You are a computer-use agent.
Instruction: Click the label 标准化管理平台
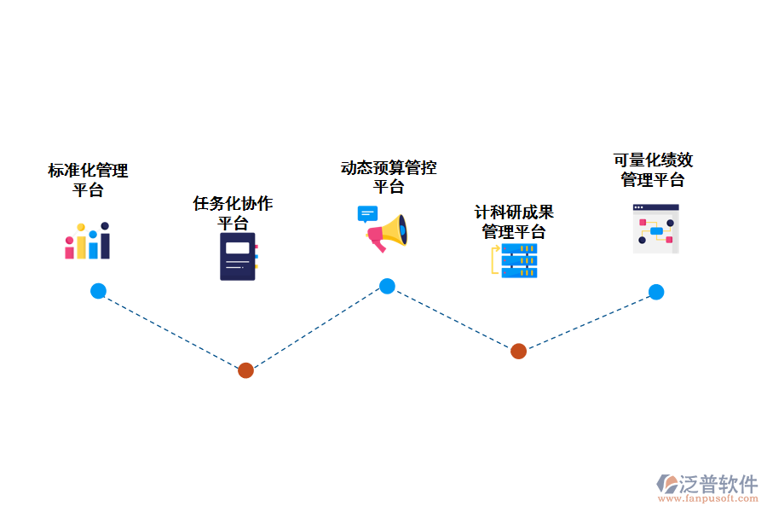point(88,180)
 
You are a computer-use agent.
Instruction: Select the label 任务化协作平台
point(233,213)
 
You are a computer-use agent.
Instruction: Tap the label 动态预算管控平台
point(389,177)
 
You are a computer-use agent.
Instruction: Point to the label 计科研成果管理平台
point(514,222)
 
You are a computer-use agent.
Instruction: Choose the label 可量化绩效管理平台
point(653,170)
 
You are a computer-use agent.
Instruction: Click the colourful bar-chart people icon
point(88,241)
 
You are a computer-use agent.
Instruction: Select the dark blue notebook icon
point(238,256)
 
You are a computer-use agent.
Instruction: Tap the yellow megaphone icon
point(389,231)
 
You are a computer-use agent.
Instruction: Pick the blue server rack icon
point(518,261)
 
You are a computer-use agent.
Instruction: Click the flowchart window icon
point(655,229)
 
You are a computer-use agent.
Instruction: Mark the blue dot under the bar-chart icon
point(98,291)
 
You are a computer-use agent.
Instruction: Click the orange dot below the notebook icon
point(245,370)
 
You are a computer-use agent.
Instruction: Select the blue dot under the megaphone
point(387,286)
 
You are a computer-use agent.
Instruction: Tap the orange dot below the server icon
point(518,351)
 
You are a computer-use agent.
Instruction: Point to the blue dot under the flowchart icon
point(655,292)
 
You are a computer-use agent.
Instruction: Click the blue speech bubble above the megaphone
point(367,213)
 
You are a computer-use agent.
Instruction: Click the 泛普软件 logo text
point(718,484)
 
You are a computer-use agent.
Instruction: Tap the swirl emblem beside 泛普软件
point(667,484)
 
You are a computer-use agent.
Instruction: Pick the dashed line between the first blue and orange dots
point(170,330)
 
